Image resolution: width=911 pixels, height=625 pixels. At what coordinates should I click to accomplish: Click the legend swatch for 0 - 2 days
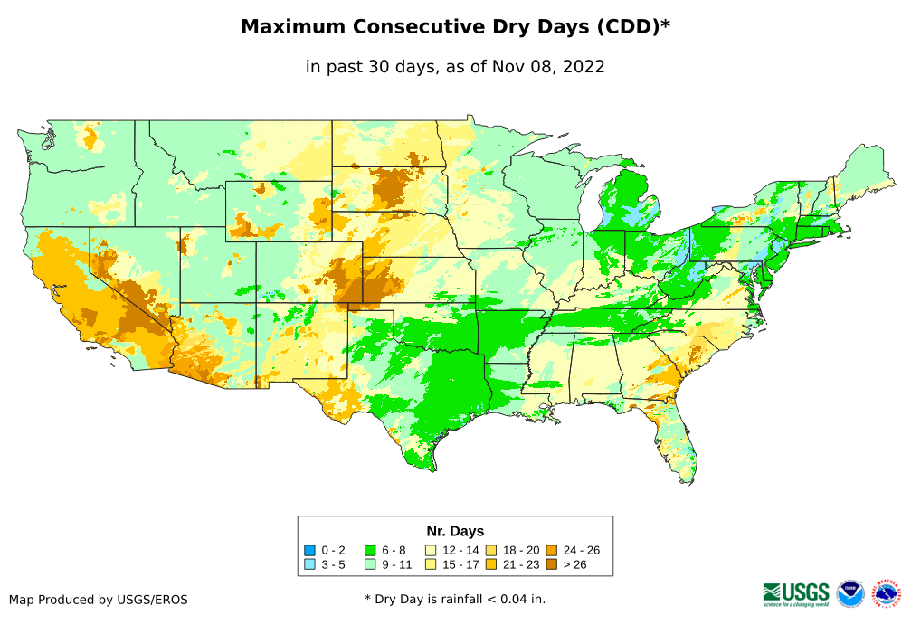[310, 550]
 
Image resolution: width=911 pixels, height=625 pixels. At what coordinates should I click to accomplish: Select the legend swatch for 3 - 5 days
[310, 564]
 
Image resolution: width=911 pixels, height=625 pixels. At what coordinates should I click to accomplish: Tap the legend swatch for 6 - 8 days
[370, 550]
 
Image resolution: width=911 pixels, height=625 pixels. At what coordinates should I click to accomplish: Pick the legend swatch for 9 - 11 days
[370, 564]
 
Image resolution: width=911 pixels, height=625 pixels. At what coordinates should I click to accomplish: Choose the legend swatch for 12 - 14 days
[432, 550]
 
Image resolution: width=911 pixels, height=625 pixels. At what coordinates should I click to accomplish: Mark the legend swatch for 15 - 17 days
[432, 564]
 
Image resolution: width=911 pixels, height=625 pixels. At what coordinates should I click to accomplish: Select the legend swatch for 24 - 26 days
[551, 550]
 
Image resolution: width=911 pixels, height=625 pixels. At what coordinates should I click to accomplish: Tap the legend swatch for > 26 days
[551, 564]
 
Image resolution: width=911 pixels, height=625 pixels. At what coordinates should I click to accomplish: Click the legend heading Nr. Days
[455, 531]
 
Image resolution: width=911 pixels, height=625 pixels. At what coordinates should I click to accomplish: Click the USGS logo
[796, 592]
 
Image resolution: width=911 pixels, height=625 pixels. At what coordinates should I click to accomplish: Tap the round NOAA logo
[850, 593]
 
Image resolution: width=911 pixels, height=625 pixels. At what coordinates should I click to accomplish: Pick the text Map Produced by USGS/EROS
[99, 600]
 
